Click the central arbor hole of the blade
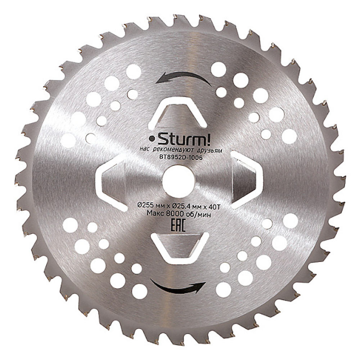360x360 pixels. tap(179, 181)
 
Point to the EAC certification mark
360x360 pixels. tap(178, 226)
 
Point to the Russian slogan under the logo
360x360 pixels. tap(181, 150)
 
